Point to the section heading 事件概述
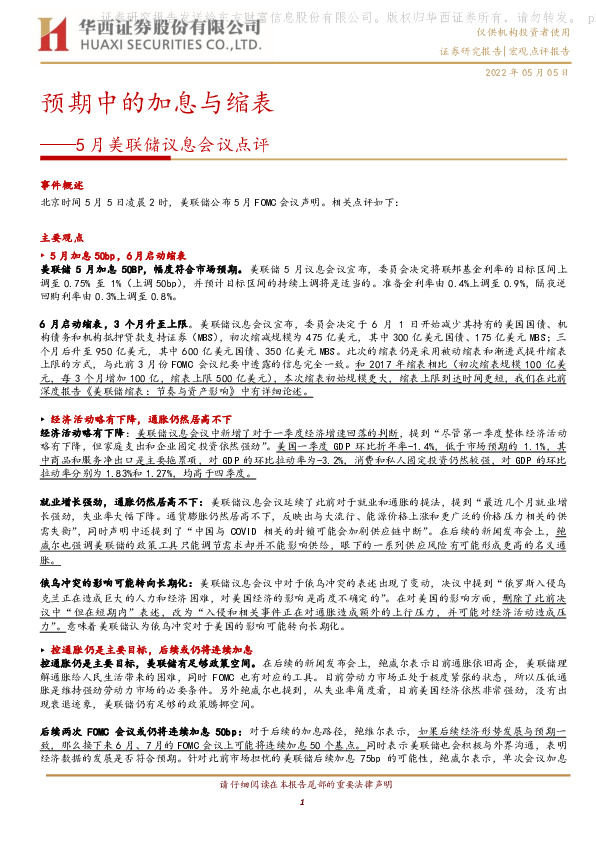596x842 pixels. [62, 185]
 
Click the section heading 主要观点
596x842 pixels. [62, 239]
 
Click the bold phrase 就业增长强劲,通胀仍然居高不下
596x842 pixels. [114, 497]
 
